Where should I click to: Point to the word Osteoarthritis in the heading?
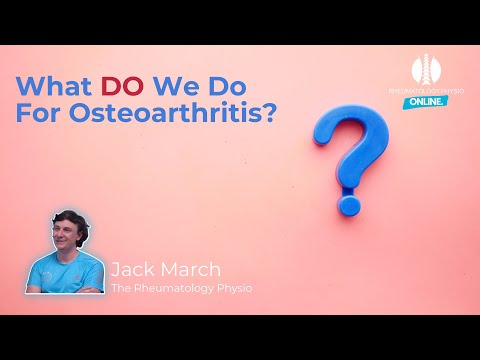tap(170, 111)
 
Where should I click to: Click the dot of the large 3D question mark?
tap(348, 206)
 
